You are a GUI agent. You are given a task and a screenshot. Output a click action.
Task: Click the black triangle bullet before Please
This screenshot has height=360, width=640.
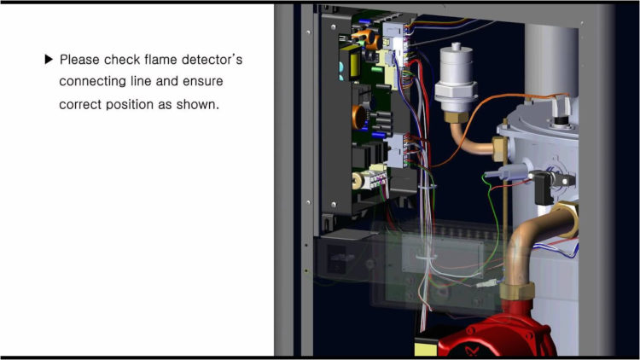coord(49,60)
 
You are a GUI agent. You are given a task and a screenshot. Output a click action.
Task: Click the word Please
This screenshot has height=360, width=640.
coord(79,60)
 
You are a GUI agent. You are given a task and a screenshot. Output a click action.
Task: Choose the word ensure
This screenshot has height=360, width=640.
coord(202,82)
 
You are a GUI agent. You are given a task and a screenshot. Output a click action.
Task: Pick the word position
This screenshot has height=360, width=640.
coord(131,105)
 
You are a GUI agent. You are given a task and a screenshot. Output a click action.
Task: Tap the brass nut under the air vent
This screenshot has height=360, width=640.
coord(456,117)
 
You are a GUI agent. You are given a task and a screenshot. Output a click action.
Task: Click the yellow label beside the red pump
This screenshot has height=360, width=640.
coord(426,350)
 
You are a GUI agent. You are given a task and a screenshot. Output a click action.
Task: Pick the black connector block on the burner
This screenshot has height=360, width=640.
coord(543,189)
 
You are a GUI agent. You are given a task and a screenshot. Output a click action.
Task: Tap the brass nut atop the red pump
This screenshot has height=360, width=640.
coord(517,292)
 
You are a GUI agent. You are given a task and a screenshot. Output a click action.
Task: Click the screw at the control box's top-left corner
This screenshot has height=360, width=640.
coord(334,27)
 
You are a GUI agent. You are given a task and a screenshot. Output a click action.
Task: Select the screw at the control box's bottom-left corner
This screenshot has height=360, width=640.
coord(334,204)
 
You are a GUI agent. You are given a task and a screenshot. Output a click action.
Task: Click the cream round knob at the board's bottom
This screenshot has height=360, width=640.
coord(358,180)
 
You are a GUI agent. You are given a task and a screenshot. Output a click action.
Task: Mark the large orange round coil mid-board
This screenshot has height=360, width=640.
coord(359,117)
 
